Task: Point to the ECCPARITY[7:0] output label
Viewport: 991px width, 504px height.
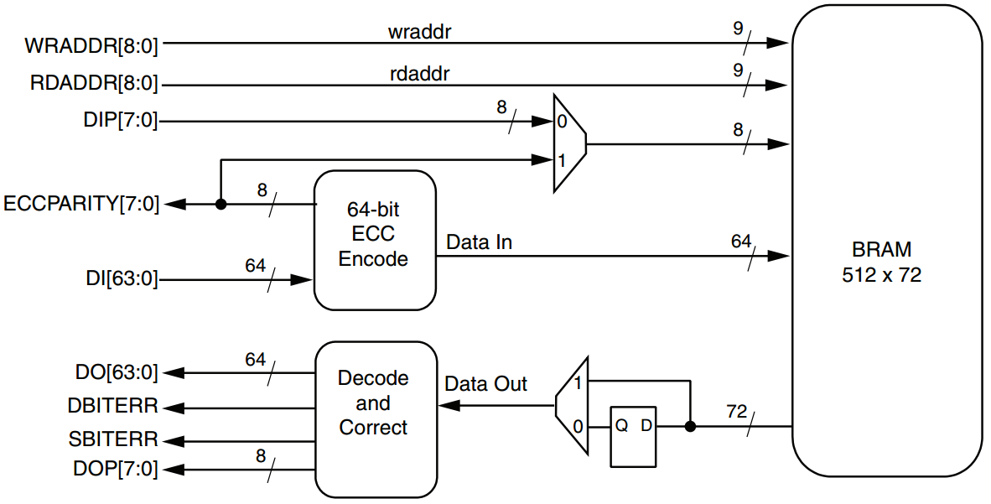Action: point(81,204)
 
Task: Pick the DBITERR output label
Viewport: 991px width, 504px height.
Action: point(113,407)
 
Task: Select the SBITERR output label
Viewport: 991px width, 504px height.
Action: point(113,439)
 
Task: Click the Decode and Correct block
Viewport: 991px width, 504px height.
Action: point(374,403)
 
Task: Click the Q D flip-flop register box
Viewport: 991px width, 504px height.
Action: point(633,436)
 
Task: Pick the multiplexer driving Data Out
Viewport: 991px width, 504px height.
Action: point(572,403)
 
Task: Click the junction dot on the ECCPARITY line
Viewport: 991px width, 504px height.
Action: point(221,204)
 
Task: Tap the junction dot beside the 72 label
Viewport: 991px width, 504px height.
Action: point(690,426)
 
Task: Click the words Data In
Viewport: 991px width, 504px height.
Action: point(479,243)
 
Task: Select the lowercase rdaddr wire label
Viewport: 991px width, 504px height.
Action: point(420,74)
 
